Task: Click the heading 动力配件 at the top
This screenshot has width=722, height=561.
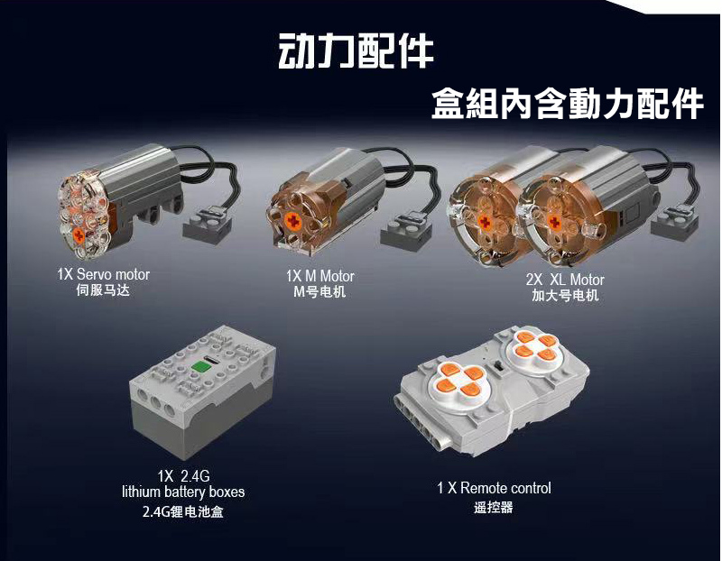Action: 356,51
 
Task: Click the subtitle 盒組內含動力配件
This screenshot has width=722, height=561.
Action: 568,104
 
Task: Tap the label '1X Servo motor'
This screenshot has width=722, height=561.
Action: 103,274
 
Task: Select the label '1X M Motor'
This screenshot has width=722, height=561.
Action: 320,276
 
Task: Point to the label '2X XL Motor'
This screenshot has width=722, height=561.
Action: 565,280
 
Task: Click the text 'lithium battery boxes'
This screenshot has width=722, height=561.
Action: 183,492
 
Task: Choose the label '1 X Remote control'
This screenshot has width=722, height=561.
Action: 494,488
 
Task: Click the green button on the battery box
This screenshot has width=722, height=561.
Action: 200,367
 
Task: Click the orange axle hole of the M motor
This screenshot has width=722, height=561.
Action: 292,222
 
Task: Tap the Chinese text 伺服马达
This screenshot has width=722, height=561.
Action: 103,290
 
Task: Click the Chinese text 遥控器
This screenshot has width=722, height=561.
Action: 494,508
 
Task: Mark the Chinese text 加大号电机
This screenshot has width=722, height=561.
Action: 565,295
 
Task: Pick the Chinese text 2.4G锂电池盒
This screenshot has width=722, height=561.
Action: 183,511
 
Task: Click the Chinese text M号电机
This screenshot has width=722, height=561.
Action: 319,292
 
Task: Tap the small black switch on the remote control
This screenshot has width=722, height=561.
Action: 498,367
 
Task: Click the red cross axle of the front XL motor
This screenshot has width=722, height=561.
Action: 554,223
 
